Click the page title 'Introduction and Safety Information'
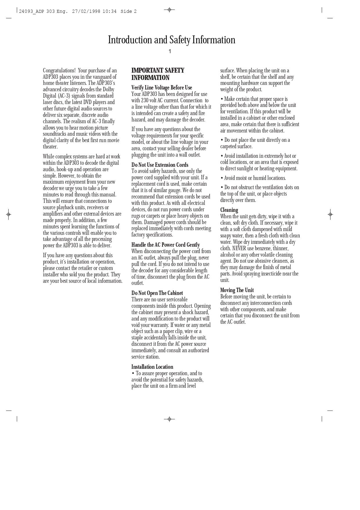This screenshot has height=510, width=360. click(172, 40)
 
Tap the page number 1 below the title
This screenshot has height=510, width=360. click(170, 52)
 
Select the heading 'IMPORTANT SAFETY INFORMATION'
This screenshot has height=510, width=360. click(158, 74)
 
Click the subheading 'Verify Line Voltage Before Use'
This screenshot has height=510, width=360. click(162, 88)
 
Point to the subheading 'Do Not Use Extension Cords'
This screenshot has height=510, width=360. click(160, 165)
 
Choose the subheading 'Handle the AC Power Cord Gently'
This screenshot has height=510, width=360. click(165, 245)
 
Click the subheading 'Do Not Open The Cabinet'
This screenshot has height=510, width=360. click(157, 293)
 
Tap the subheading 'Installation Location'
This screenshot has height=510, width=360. click(152, 367)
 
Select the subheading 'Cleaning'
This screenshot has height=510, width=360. click(229, 210)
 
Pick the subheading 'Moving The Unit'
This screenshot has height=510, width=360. click(237, 290)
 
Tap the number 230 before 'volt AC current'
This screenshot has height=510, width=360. click(145, 101)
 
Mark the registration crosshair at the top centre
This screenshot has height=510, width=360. click(169, 10)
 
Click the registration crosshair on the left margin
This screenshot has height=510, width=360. click(9, 214)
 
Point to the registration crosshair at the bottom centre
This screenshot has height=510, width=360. click(169, 419)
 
